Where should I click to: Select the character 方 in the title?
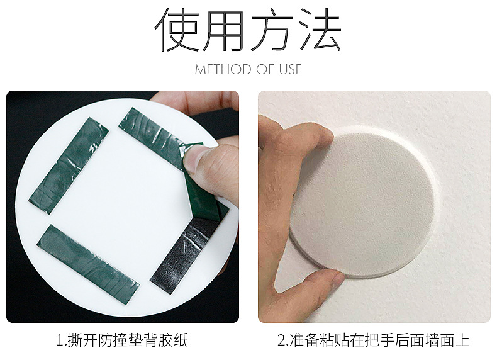point(274,30)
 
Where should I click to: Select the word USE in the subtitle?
point(290,70)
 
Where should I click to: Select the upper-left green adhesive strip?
point(69,165)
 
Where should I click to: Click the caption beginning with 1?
point(122,342)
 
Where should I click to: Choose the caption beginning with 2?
point(374,342)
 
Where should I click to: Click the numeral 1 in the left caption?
point(60,342)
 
